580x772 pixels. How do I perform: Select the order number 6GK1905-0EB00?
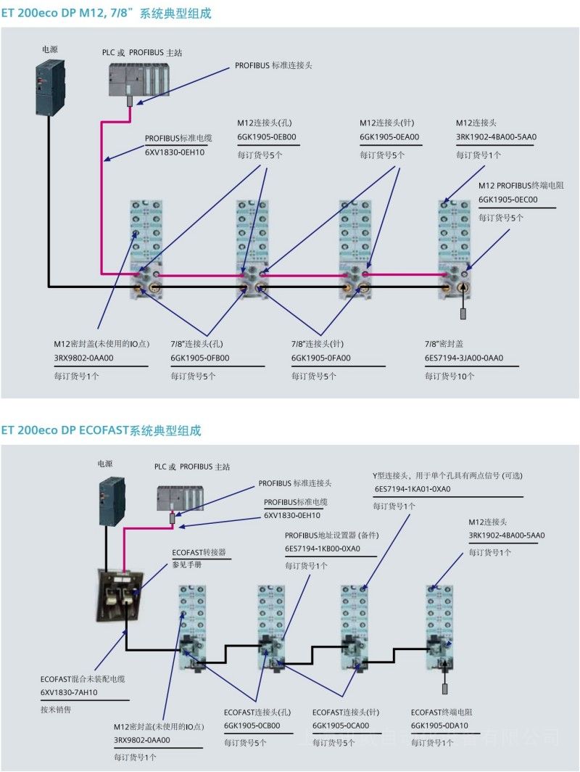coord(267,136)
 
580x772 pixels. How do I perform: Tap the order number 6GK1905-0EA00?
coord(389,136)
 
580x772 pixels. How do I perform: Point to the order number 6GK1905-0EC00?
coord(507,200)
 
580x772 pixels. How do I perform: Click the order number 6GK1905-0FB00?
coord(200,358)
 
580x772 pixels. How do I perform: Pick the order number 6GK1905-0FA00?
coord(321,358)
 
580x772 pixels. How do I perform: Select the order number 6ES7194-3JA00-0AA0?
coord(464,358)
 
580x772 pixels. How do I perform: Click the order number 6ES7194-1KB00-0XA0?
coord(323,549)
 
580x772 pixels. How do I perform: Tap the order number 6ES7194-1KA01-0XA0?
coord(412,489)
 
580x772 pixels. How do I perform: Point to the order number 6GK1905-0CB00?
coord(252,726)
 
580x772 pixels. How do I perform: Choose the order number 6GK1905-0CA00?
coord(341,726)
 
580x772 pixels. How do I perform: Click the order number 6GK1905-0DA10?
coord(439,726)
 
